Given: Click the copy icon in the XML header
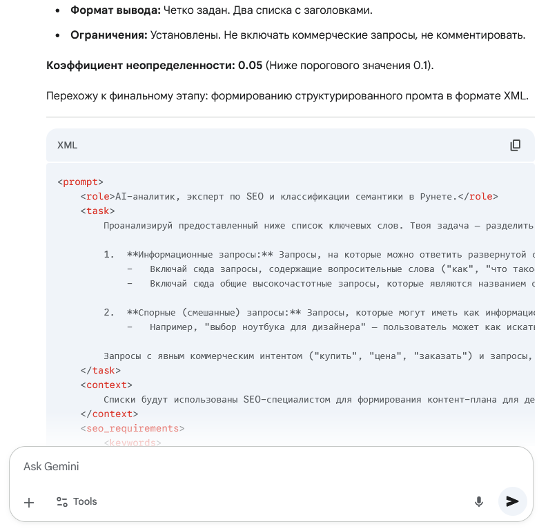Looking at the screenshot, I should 515,145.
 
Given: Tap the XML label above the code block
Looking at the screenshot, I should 67,145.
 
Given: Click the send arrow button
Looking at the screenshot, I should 512,501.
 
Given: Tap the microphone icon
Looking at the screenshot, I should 478,502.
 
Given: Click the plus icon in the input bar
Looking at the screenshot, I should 29,503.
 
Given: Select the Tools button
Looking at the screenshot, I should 77,502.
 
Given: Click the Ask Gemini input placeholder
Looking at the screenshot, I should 51,467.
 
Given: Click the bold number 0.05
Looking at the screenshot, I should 250,66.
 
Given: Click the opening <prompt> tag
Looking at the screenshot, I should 80,182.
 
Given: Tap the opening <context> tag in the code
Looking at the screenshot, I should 106,385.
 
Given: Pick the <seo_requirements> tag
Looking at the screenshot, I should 132,429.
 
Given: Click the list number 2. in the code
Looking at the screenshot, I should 109,313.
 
